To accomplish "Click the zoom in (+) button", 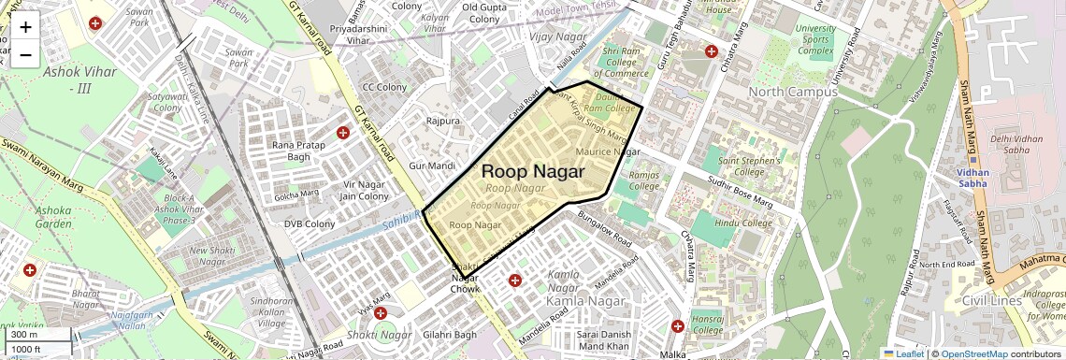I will [25, 27].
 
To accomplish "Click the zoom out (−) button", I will [25, 54].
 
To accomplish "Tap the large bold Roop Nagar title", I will [532, 172].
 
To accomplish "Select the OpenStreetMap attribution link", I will [973, 353].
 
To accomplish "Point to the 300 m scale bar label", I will [24, 335].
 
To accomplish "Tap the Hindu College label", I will [743, 223].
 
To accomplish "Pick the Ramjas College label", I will [644, 180].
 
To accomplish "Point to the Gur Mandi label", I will [432, 166].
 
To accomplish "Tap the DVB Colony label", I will [310, 223].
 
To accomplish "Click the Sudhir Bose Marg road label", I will [739, 191].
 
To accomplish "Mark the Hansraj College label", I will [709, 324].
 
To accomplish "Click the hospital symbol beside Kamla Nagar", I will [514, 281].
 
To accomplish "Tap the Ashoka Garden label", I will [53, 218].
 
